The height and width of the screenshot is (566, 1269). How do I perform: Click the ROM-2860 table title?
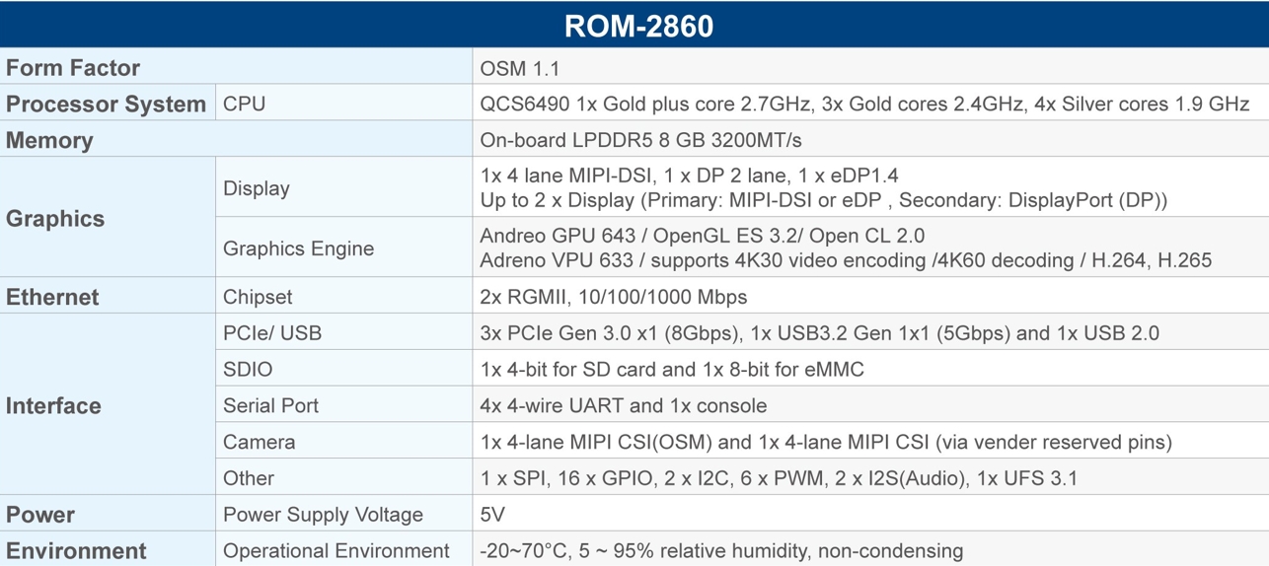click(x=638, y=26)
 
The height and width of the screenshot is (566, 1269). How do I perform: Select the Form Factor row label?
click(x=72, y=68)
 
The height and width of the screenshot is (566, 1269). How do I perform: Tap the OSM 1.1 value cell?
click(x=519, y=68)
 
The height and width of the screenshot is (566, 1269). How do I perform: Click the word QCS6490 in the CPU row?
click(x=525, y=105)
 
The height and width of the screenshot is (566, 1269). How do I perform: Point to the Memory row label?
click(x=49, y=140)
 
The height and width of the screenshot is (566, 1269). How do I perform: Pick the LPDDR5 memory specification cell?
click(x=640, y=140)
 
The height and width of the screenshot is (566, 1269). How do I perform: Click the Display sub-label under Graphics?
click(x=256, y=188)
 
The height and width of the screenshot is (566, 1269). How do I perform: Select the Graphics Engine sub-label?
click(x=299, y=248)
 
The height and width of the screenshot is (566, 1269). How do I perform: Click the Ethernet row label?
click(x=52, y=297)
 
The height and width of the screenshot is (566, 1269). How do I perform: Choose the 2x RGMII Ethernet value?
click(x=614, y=297)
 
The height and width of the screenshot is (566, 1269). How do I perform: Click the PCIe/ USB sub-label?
click(x=272, y=333)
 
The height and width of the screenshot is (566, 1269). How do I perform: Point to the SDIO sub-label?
click(x=248, y=369)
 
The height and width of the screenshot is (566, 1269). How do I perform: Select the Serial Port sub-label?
click(x=270, y=406)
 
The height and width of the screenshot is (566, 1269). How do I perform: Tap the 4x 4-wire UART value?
click(x=624, y=406)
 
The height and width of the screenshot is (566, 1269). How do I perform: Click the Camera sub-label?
click(x=259, y=442)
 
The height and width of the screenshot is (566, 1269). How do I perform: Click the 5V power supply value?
click(x=491, y=515)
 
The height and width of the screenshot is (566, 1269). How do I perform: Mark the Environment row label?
click(x=76, y=551)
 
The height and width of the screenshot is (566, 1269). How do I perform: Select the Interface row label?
click(x=53, y=406)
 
